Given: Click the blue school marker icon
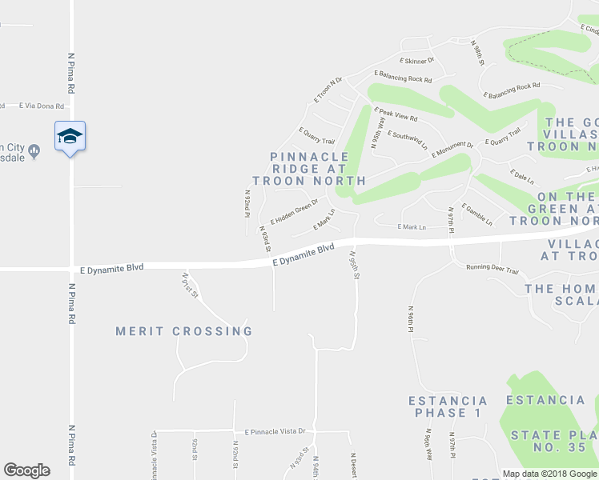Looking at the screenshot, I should pyautogui.click(x=70, y=137).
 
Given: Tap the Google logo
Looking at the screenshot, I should pyautogui.click(x=26, y=470).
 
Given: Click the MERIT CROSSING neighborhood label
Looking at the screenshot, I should pyautogui.click(x=184, y=331).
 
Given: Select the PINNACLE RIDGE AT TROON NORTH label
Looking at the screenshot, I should pyautogui.click(x=309, y=169).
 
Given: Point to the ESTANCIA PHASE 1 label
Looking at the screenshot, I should pyautogui.click(x=448, y=406).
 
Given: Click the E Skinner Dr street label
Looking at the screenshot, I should pyautogui.click(x=416, y=61).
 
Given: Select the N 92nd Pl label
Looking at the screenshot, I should pyautogui.click(x=247, y=203).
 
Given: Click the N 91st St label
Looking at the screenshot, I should pyautogui.click(x=190, y=286).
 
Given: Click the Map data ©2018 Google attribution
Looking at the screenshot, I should pyautogui.click(x=550, y=474).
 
